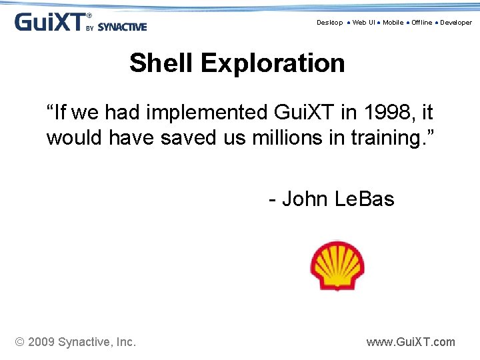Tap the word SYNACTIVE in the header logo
click(x=122, y=27)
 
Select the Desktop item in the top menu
click(x=329, y=23)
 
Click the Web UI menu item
click(x=363, y=23)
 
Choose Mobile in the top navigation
click(x=393, y=23)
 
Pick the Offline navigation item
click(x=421, y=23)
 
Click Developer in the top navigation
click(x=455, y=23)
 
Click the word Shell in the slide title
click(x=161, y=63)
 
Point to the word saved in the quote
click(x=191, y=138)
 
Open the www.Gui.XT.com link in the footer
click(x=411, y=342)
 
